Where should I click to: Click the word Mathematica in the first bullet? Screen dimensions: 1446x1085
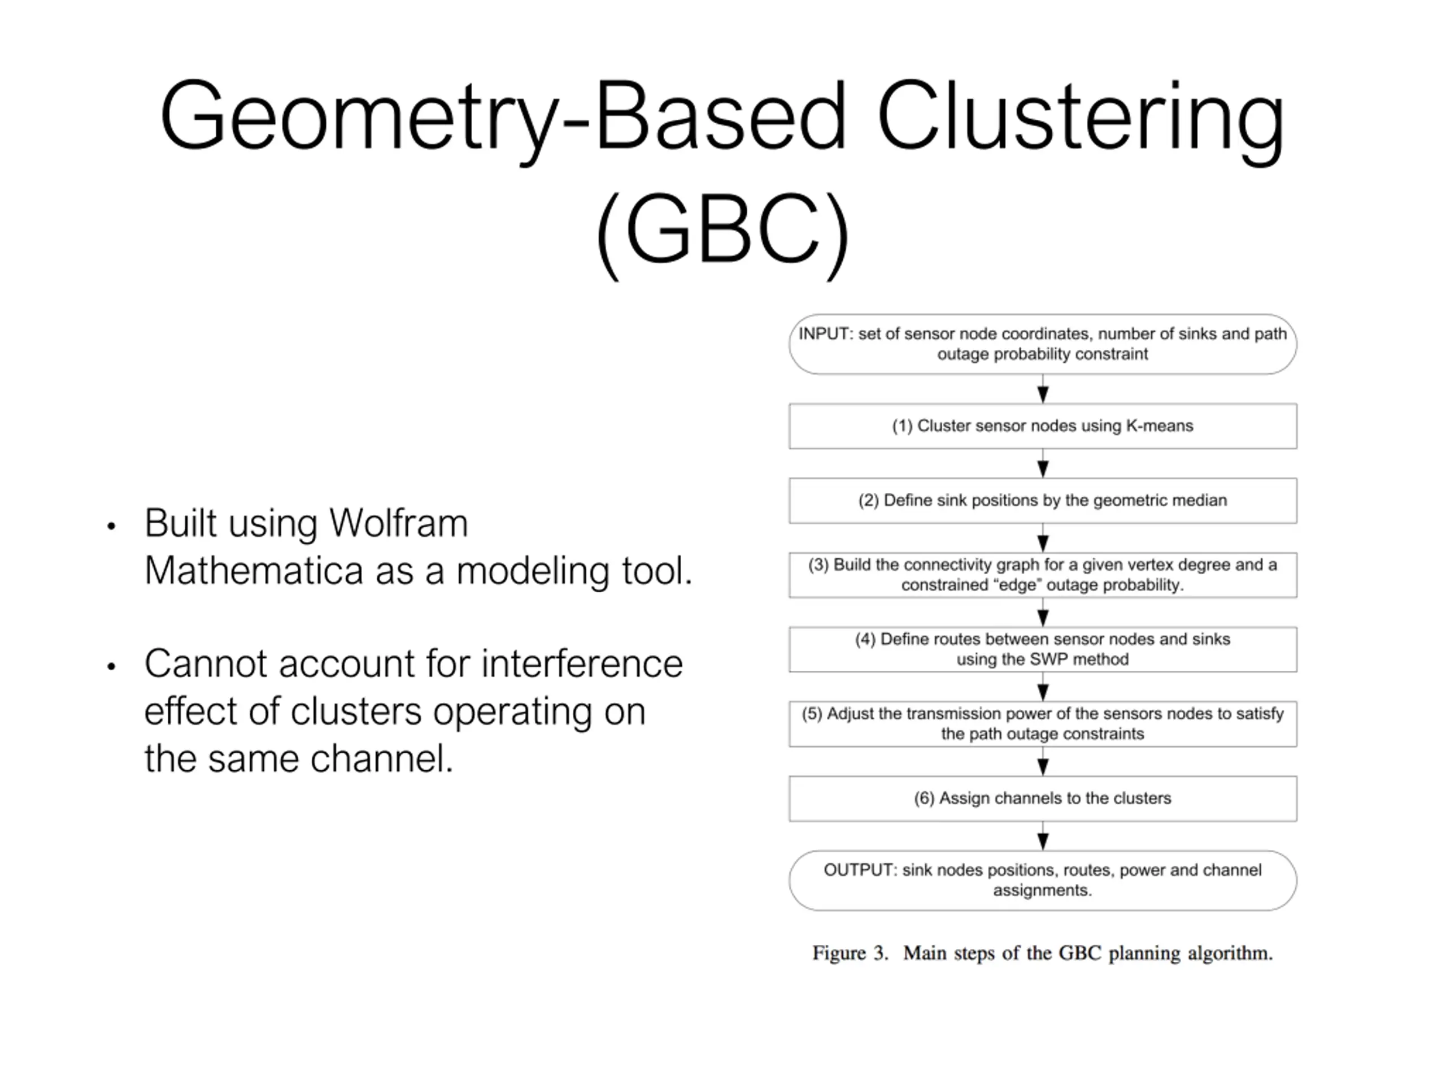pos(254,570)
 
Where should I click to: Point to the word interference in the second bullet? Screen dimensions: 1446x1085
pos(582,663)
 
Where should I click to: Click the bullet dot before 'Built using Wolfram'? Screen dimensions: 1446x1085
pos(111,526)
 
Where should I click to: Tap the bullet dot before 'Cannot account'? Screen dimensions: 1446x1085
pos(111,666)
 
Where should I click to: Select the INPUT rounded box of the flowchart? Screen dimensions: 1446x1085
pos(1043,344)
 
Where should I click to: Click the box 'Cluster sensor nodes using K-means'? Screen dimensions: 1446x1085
pos(1043,426)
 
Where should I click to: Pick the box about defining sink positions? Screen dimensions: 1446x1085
pos(1043,500)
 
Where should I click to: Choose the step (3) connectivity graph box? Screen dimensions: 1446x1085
pos(1043,575)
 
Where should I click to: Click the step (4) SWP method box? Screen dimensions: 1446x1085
pos(1043,649)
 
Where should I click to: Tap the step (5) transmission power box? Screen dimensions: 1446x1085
pos(1043,724)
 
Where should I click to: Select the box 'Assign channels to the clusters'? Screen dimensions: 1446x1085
pos(1043,798)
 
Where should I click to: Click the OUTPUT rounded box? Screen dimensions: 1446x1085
pos(1043,880)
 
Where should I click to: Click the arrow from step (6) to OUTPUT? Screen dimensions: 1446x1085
pos(1043,836)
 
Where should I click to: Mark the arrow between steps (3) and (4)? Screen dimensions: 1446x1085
pos(1043,612)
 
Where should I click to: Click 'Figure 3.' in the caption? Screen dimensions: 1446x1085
pos(851,953)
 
